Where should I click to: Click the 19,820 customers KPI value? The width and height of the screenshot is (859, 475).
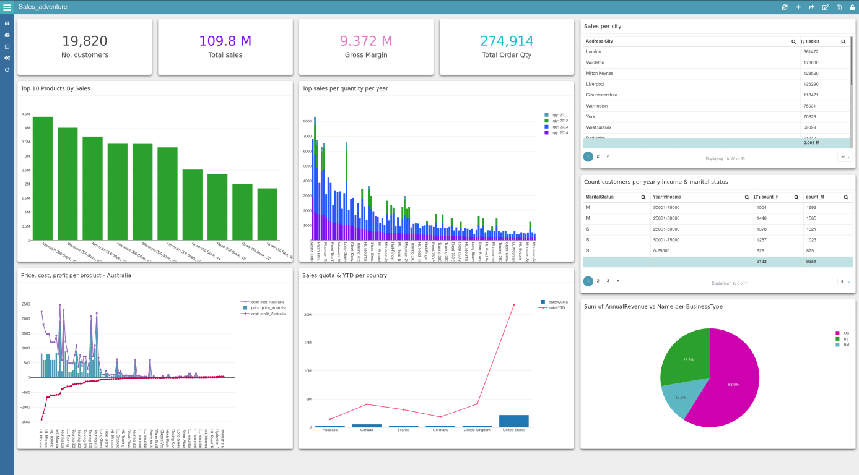click(84, 41)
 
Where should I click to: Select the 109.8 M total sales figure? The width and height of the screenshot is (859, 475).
click(225, 41)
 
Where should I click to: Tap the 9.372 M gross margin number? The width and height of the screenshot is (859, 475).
click(366, 41)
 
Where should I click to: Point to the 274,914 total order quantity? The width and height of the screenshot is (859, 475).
click(507, 41)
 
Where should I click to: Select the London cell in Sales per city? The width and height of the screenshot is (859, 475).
click(593, 52)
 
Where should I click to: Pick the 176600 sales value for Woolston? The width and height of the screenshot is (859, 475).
click(811, 62)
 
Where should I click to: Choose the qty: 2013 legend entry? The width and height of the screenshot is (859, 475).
click(560, 127)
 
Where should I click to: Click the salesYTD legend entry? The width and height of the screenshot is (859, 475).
click(557, 307)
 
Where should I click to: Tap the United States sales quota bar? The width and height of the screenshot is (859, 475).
click(513, 421)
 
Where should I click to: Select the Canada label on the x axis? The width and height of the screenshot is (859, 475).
click(367, 430)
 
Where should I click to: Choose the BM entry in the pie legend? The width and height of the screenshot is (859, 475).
click(846, 344)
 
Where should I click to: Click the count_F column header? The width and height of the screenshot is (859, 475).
click(770, 197)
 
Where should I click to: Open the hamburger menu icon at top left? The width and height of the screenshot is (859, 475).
click(7, 7)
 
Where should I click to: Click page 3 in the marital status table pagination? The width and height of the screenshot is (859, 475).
click(608, 281)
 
